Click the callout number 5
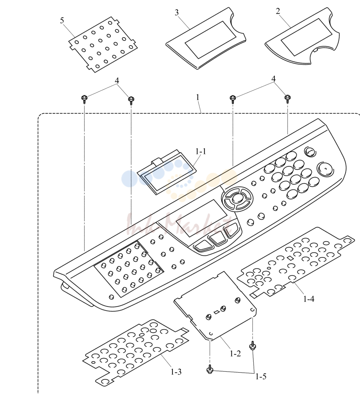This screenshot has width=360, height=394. pyautogui.click(x=62, y=20)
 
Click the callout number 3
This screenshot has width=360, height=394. pyautogui.click(x=177, y=13)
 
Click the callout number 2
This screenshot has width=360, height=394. pyautogui.click(x=278, y=11)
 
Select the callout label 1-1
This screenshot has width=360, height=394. pyautogui.click(x=201, y=151)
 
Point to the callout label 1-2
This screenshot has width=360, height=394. pyautogui.click(x=235, y=354)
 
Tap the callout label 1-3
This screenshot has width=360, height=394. pyautogui.click(x=176, y=372)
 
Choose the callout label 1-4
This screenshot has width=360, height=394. pyautogui.click(x=309, y=299)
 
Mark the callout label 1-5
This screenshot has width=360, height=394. pyautogui.click(x=261, y=377)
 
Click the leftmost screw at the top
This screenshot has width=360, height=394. pyautogui.click(x=84, y=99)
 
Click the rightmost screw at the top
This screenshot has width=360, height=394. pyautogui.click(x=288, y=98)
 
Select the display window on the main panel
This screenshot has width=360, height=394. pyautogui.click(x=201, y=218)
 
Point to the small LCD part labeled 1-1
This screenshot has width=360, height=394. pyautogui.click(x=167, y=172)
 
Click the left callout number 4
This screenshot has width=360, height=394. pyautogui.click(x=117, y=81)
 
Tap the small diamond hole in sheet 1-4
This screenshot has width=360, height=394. pyautogui.click(x=290, y=258)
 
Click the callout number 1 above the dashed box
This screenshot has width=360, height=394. pyautogui.click(x=198, y=97)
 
